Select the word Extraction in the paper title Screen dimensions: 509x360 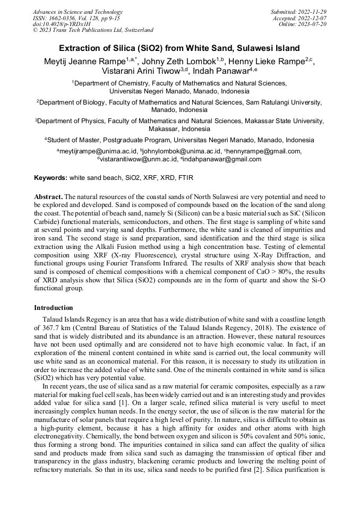coord(79,48)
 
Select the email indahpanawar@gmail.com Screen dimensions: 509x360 coord(216,159)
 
